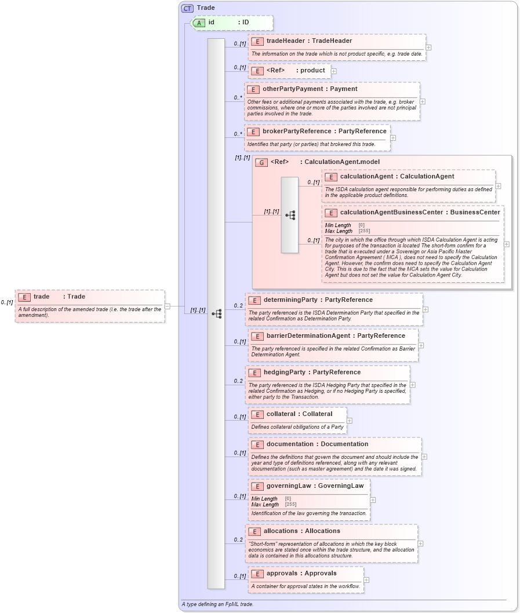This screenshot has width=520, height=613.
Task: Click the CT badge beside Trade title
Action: coord(187,8)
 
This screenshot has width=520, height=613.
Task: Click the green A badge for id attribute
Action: coord(199,23)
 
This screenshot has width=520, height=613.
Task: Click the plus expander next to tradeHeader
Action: coord(428,48)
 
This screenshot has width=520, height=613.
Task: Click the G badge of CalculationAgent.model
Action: coord(261,162)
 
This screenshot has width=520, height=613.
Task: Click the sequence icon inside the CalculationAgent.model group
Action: coord(290,215)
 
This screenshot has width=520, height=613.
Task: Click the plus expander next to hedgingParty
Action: coord(412,384)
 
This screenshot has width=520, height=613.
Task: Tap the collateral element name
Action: coord(283,414)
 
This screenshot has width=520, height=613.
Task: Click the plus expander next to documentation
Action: coord(424,457)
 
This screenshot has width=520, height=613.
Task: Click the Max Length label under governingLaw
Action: coord(264,505)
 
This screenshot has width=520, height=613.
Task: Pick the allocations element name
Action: coord(282,531)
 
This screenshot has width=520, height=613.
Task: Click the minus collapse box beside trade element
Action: coord(168,306)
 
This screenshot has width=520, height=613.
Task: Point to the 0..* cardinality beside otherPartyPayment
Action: coord(238,97)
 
